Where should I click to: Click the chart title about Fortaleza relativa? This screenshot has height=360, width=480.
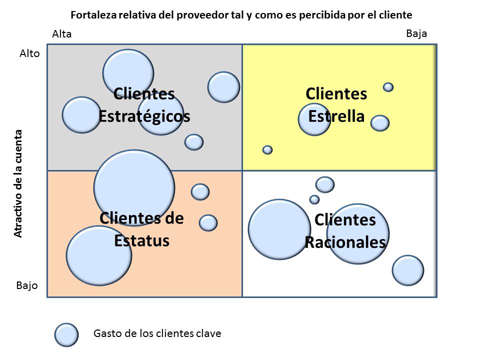coord(244,14)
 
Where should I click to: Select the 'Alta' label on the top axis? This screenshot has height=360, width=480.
coord(62,34)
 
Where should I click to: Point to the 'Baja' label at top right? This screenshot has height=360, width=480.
coord(416,33)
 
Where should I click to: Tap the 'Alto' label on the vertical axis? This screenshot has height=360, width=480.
coord(29,53)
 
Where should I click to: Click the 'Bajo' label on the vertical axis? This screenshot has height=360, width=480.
coord(26,286)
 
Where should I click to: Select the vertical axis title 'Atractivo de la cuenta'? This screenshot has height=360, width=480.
coord(18,183)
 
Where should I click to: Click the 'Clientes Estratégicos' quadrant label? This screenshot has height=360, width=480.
coord(144,105)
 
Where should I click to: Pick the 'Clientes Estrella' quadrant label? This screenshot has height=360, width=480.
coord(336,105)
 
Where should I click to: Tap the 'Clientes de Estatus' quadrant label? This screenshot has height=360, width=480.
coord(141,229)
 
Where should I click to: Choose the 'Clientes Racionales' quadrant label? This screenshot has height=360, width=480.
coord(345,231)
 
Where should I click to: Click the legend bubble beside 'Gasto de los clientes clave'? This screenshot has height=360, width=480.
coord(66,334)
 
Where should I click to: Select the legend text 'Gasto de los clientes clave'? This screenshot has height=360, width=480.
coord(157,333)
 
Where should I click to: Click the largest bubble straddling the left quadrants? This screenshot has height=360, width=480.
coord(134,187)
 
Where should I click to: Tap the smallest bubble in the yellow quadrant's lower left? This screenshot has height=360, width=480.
coord(267,149)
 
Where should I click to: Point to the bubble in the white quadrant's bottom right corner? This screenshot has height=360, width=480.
coord(408,270)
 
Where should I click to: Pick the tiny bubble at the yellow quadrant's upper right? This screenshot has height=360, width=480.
coord(388,87)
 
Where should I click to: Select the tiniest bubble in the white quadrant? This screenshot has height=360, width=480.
coord(314,199)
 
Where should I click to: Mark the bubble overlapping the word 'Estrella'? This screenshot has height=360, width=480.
coord(314,119)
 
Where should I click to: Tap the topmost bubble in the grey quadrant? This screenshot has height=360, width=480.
coord(128,73)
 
